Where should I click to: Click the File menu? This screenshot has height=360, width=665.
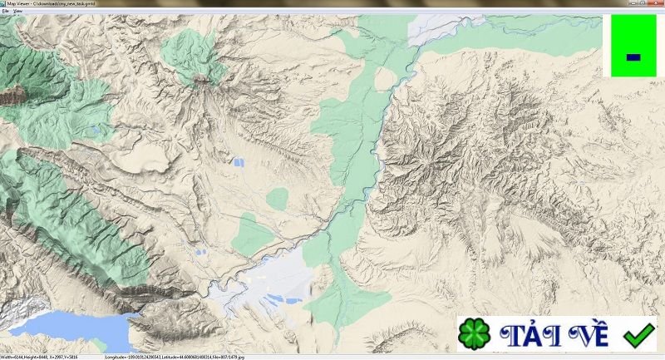click(x=5, y=10)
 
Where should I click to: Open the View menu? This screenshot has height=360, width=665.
click(x=17, y=10)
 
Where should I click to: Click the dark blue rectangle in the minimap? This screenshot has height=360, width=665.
click(x=633, y=57)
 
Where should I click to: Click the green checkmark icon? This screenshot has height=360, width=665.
click(x=638, y=335)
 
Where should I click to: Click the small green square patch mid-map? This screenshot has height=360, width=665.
click(x=278, y=198)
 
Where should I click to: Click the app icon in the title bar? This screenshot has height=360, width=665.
click(x=3, y=3)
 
